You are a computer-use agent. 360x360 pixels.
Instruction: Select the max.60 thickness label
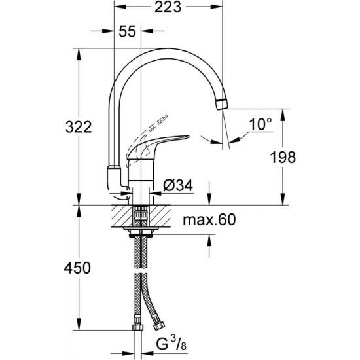click(x=209, y=220)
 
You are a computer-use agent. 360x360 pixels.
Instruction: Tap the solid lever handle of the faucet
click(x=166, y=140)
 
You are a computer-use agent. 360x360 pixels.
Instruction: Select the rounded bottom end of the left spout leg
click(x=112, y=177)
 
